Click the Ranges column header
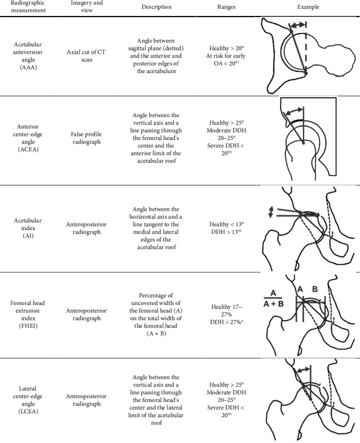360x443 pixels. pos(226,7)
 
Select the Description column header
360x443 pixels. pos(157,7)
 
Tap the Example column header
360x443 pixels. pos(308,7)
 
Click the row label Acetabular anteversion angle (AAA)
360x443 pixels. pos(27,55)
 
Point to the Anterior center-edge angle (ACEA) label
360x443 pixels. pos(27,138)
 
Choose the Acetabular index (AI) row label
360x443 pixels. pos(27,228)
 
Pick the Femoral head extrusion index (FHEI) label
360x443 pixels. pos(27,314)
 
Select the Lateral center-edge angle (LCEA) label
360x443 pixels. pos(27,400)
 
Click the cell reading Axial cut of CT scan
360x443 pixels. pos(86,55)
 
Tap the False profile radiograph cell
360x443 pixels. pos(86,138)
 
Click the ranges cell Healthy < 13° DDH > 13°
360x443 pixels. pos(226,228)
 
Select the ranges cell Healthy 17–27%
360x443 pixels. pos(226,311)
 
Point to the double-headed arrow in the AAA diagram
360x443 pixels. pos(298,25)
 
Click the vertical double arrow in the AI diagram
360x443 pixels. pos(271,212)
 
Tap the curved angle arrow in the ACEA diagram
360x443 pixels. pos(294,111)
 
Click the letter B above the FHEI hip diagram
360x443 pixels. pos(315,289)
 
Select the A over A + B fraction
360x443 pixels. pos(274,299)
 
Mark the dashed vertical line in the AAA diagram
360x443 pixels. pos(306,47)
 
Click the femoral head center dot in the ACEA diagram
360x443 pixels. pos(303,143)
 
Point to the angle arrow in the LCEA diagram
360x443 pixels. pos(303,369)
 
